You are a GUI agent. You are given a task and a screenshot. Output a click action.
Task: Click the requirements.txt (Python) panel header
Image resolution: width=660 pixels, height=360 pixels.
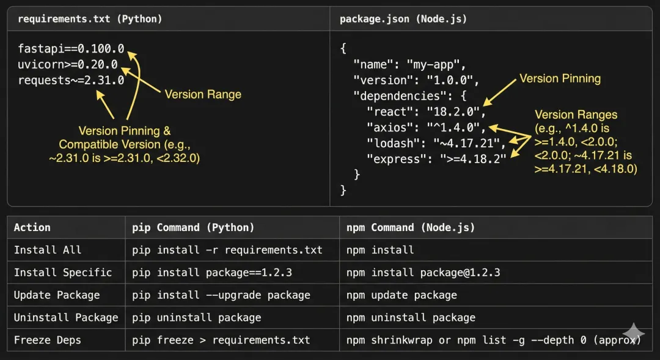click(90, 19)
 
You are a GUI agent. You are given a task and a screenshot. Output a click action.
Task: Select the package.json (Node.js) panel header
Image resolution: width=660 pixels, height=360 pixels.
click(403, 19)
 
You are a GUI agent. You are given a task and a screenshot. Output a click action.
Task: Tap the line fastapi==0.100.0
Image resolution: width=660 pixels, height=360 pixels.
click(71, 48)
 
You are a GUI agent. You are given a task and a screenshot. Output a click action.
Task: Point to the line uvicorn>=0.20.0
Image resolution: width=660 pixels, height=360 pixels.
click(68, 64)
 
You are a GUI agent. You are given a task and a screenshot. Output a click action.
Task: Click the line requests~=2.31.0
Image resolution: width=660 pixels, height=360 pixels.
click(71, 80)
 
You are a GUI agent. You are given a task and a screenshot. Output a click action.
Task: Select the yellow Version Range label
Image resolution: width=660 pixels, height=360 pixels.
click(203, 94)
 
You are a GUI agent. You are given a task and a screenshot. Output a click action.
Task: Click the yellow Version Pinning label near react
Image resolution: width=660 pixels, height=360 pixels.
click(560, 78)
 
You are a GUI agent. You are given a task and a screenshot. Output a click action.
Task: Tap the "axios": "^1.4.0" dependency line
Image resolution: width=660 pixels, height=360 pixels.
click(426, 127)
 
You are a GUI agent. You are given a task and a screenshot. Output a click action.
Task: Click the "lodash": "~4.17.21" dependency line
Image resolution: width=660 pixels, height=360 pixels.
click(436, 143)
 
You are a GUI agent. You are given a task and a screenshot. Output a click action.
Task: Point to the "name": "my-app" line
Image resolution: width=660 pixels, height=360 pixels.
click(409, 64)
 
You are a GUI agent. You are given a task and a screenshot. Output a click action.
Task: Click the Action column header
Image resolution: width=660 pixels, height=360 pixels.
click(32, 227)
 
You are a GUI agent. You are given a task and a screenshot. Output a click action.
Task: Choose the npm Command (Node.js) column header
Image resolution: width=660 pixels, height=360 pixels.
click(411, 227)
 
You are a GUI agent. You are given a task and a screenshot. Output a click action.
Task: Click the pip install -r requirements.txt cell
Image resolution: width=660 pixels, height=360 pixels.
click(227, 250)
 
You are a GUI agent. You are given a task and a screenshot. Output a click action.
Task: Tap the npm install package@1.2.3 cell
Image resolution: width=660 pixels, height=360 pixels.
click(423, 273)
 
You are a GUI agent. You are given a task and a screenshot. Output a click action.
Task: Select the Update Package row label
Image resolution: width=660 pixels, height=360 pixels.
click(57, 295)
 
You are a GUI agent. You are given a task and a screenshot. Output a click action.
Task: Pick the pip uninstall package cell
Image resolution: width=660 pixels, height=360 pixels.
click(197, 318)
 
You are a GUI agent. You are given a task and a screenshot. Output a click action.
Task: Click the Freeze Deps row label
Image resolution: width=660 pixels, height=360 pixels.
click(48, 340)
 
